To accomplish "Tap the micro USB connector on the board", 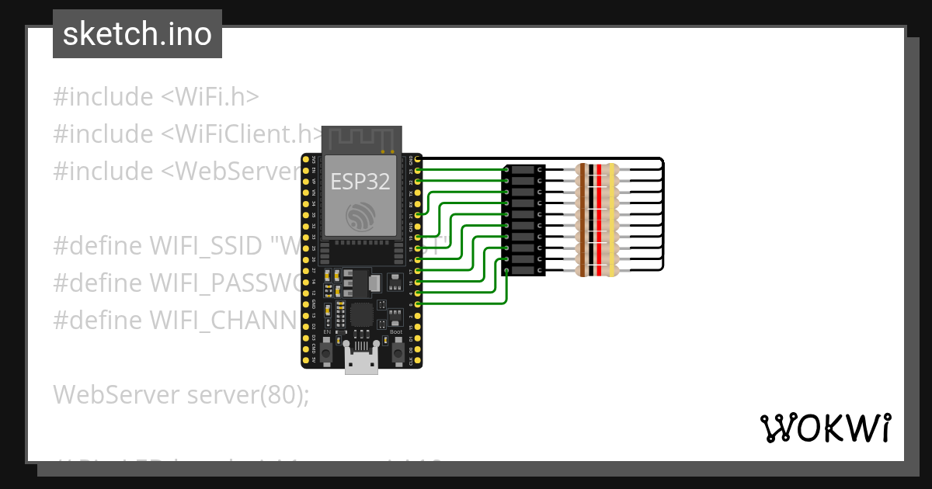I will point(361,361).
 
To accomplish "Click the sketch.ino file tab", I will point(137,34).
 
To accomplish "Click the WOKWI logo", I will point(825,428).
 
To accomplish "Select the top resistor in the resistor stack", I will point(596,169).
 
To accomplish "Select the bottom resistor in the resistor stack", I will point(596,270).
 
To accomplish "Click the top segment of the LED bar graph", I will point(525,169).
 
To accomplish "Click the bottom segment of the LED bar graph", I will point(525,270).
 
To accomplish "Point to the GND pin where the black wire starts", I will point(419,158).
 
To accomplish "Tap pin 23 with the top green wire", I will point(419,169).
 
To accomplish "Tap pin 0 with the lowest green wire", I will point(419,304).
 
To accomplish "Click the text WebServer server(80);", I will point(181,394).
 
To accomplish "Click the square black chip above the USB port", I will point(362,315).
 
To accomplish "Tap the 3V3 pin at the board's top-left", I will point(305,158).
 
